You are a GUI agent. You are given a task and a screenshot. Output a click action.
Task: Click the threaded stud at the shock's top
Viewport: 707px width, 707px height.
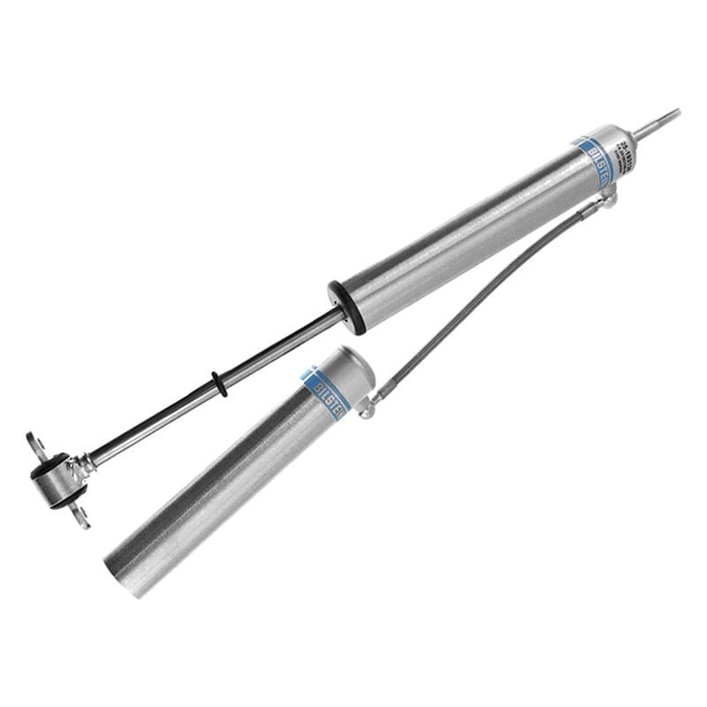661,120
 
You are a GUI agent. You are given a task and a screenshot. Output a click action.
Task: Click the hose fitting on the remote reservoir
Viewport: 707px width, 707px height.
371,405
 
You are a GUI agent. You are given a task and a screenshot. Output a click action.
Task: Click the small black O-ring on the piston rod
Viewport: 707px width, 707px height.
217,383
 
